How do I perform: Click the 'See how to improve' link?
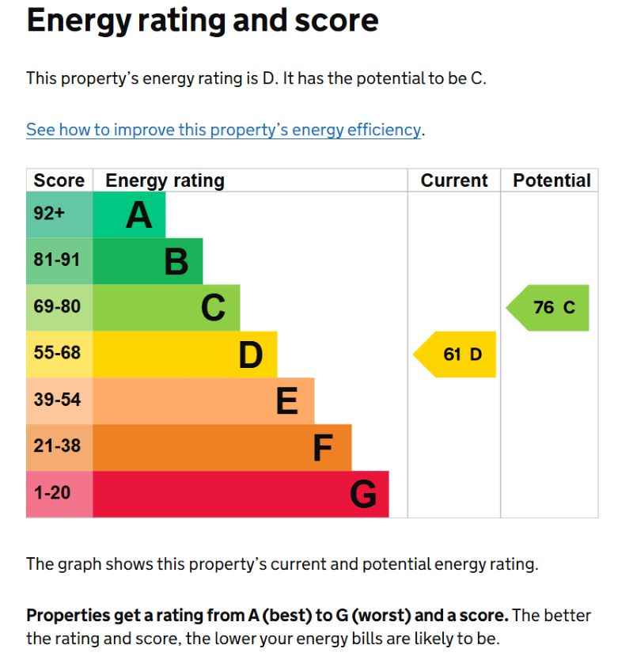click(223, 130)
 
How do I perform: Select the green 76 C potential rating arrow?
click(550, 308)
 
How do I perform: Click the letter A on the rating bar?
click(138, 214)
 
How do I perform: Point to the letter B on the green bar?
click(176, 261)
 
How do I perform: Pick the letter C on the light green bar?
click(213, 308)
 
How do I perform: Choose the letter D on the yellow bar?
click(250, 355)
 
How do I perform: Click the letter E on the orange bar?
click(286, 401)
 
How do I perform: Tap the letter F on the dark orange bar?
click(322, 448)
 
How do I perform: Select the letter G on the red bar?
click(362, 495)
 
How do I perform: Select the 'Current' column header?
click(454, 180)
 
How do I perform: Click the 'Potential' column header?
click(552, 180)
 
